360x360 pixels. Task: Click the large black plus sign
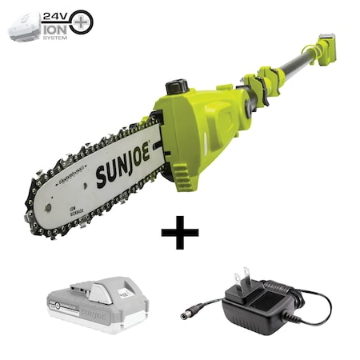(179, 236)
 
